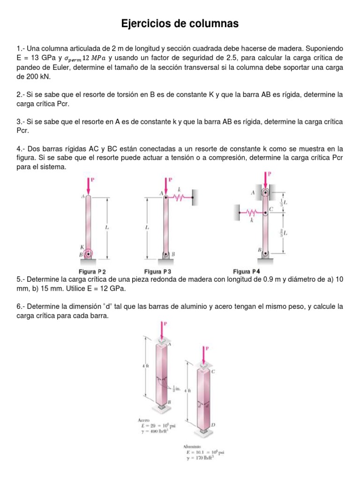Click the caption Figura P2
[x=92, y=271]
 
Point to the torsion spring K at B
[x=88, y=254]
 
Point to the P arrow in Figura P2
[x=88, y=185]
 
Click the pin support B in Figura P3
[x=166, y=254]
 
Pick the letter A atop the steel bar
[x=169, y=343]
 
